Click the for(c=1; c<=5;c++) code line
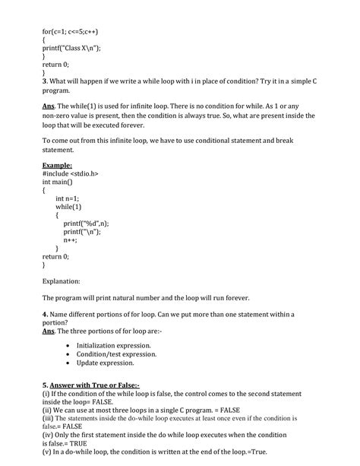[x=71, y=33]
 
